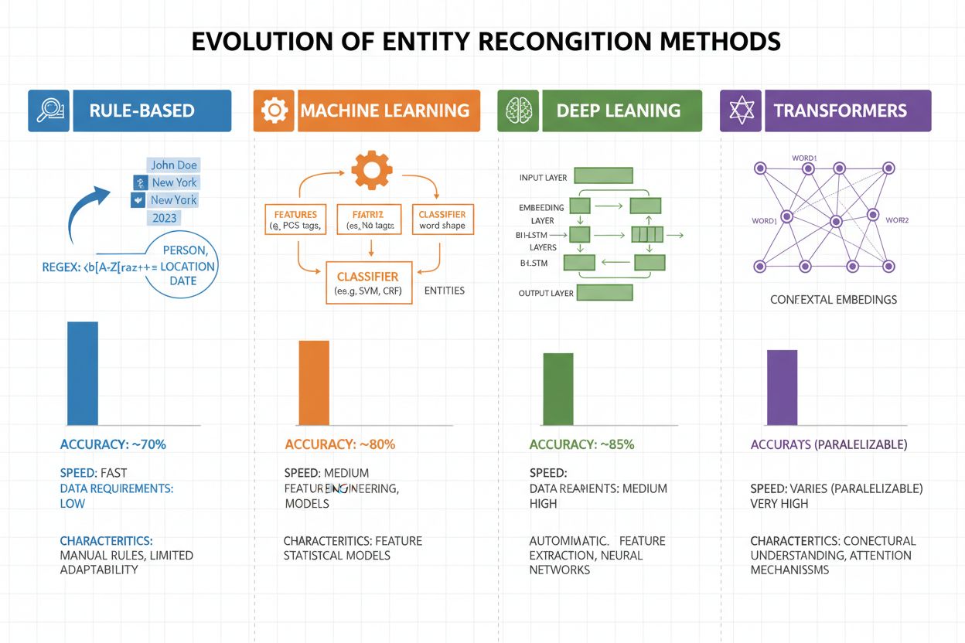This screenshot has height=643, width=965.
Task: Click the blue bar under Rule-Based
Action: click(x=83, y=373)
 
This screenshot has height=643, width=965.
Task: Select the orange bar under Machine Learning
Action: click(x=314, y=383)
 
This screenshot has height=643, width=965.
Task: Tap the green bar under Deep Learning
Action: click(x=558, y=389)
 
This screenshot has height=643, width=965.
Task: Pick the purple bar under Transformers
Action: click(x=782, y=387)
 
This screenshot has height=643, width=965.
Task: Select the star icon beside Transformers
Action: click(x=741, y=111)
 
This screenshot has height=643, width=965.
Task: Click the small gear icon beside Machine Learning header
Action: click(x=274, y=111)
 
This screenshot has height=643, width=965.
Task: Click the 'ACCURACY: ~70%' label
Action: click(x=113, y=444)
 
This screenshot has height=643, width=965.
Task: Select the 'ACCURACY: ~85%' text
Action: click(x=581, y=444)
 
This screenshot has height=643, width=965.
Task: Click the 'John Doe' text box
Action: click(x=174, y=165)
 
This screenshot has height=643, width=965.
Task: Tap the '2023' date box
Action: click(x=164, y=218)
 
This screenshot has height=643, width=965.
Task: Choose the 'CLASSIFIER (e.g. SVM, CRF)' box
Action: click(x=367, y=283)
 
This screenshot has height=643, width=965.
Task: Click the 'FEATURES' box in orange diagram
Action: click(x=291, y=219)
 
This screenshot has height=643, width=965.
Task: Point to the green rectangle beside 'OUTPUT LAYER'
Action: click(x=605, y=292)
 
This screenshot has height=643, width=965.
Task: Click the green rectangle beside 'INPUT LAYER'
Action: click(x=603, y=175)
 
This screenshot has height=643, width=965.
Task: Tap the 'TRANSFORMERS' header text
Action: click(x=840, y=111)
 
